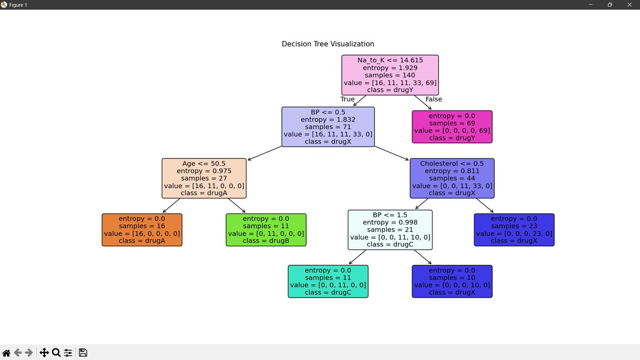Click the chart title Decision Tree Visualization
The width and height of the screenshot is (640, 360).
click(x=327, y=44)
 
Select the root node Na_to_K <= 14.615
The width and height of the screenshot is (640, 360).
click(x=390, y=75)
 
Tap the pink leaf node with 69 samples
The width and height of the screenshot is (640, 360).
click(x=452, y=127)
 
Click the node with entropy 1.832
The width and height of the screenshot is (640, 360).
click(x=328, y=127)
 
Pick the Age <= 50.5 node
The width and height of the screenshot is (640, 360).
click(x=204, y=178)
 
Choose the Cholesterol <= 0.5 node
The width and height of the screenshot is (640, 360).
click(x=452, y=178)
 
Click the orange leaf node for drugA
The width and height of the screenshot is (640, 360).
click(x=142, y=230)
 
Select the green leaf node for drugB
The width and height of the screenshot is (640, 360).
click(x=266, y=230)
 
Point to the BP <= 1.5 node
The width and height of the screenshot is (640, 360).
click(x=390, y=230)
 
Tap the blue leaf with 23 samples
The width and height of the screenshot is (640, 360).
click(x=514, y=230)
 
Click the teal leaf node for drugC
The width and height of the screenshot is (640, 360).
click(x=328, y=281)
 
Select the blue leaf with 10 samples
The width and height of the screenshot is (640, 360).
click(x=452, y=281)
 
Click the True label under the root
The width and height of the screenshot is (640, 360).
click(x=347, y=99)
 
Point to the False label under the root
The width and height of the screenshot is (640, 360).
click(x=434, y=99)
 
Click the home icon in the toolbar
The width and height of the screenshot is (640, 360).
click(x=6, y=353)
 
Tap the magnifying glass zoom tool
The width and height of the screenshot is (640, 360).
click(x=56, y=353)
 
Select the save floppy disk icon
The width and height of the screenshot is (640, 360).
click(x=83, y=353)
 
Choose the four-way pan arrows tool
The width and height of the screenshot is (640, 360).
click(x=44, y=353)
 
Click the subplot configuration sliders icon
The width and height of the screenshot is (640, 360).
click(x=68, y=353)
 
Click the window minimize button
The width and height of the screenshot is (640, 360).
click(x=590, y=5)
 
